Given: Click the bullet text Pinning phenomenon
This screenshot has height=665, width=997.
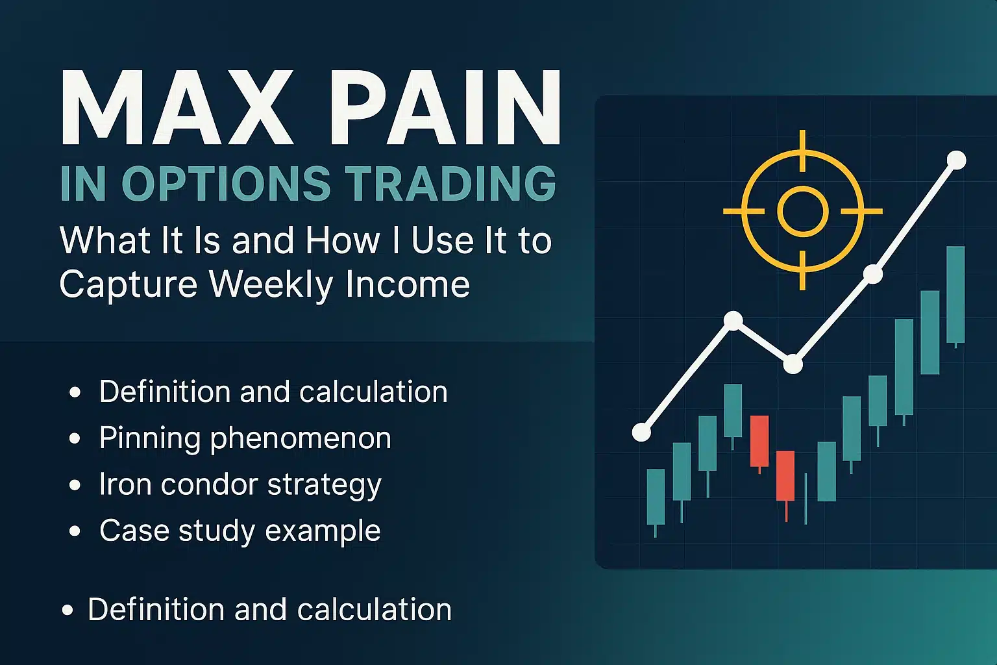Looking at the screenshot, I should pyautogui.click(x=245, y=438).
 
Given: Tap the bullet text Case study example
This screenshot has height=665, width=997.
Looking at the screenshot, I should pyautogui.click(x=240, y=531).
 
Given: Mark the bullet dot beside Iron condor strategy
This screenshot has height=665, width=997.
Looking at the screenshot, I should pyautogui.click(x=75, y=485).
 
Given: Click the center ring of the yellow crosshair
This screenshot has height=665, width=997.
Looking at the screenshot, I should pyautogui.click(x=803, y=211).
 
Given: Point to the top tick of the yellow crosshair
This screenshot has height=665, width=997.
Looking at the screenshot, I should pyautogui.click(x=803, y=143).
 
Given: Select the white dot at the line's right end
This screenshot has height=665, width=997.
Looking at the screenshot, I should pyautogui.click(x=956, y=160).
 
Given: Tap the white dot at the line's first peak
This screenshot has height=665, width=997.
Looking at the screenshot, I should pyautogui.click(x=733, y=320).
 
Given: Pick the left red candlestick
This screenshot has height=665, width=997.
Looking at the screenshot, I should pyautogui.click(x=759, y=441).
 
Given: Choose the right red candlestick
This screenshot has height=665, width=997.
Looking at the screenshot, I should pyautogui.click(x=785, y=475).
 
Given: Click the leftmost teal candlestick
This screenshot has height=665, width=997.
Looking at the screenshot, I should pyautogui.click(x=656, y=497).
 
